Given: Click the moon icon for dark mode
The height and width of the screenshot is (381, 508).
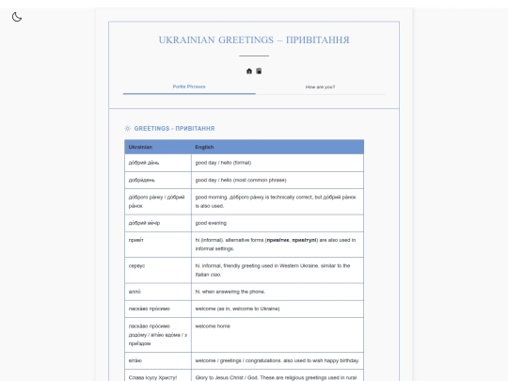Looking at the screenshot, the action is pyautogui.click(x=17, y=17).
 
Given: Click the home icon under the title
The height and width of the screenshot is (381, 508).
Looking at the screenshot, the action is pyautogui.click(x=249, y=71).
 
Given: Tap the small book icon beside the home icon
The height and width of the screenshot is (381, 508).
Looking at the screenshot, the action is pyautogui.click(x=259, y=71).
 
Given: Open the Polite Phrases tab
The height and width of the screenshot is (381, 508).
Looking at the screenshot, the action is pyautogui.click(x=189, y=87).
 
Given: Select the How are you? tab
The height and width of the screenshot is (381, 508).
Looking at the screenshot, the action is pyautogui.click(x=320, y=87).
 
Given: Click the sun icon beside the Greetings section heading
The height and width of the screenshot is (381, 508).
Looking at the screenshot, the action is pyautogui.click(x=128, y=128).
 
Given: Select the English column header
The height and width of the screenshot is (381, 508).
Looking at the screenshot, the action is pyautogui.click(x=204, y=147).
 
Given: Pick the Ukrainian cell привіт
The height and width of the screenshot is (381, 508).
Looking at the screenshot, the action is pyautogui.click(x=136, y=240).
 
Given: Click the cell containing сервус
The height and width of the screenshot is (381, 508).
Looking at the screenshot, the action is pyautogui.click(x=137, y=266).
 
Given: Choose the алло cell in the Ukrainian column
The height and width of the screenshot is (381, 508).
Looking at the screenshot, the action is pyautogui.click(x=135, y=292).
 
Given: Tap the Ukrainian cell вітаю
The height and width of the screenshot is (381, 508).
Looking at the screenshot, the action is pyautogui.click(x=135, y=360).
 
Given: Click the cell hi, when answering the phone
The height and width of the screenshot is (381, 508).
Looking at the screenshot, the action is pyautogui.click(x=230, y=292).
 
